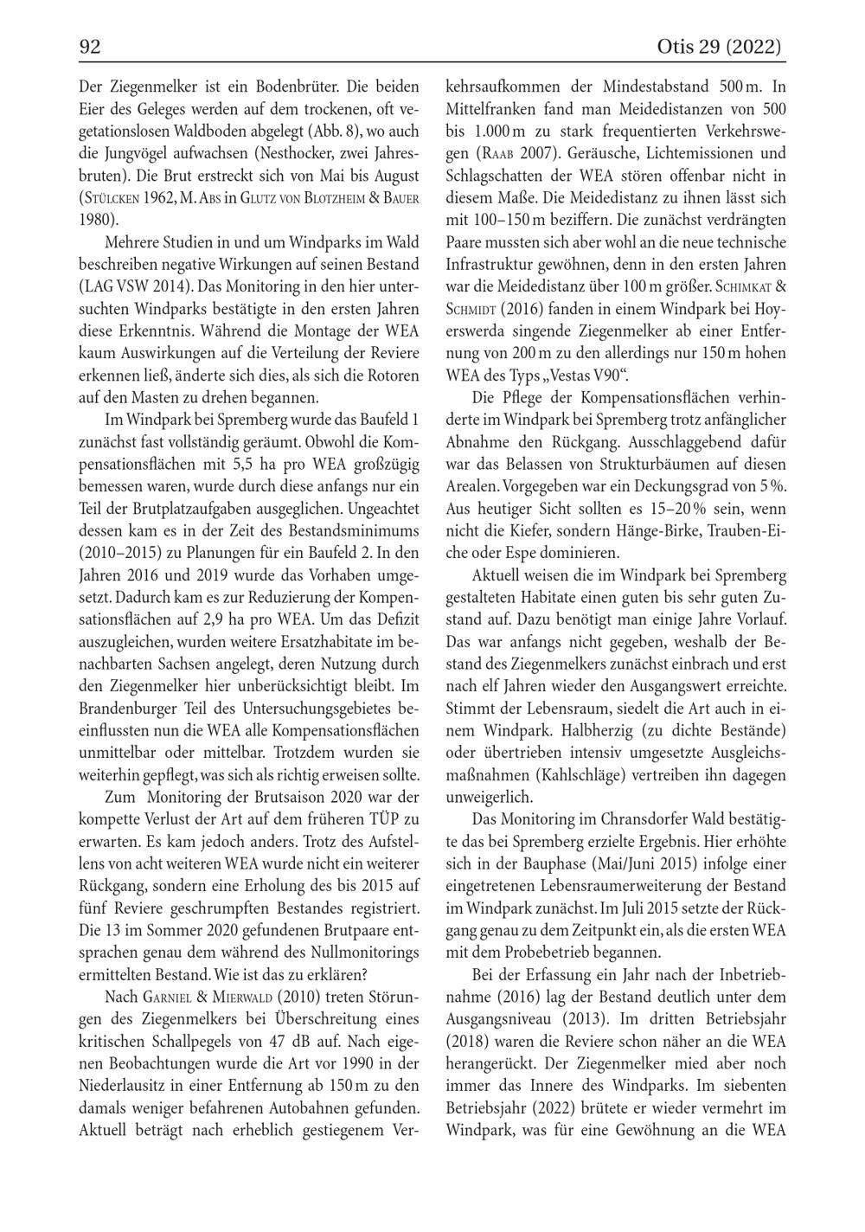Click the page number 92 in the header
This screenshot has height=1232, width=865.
click(x=90, y=47)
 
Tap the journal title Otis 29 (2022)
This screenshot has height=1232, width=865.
click(x=720, y=47)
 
